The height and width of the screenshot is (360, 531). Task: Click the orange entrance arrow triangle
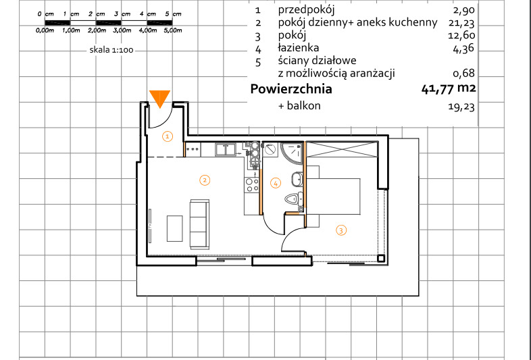tap(159, 98)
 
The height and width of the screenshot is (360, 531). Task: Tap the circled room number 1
tap(168, 136)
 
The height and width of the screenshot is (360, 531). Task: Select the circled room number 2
tap(205, 180)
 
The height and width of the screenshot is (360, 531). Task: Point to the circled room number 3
tap(341, 230)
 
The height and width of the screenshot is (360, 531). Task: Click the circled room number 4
tap(276, 184)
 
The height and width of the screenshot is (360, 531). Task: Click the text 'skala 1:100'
tap(111, 50)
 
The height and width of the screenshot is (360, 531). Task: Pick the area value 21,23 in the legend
tap(463, 23)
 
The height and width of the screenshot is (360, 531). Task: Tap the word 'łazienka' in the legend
tap(299, 48)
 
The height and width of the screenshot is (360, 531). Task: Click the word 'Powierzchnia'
tap(291, 88)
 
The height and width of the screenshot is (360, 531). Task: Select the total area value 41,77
tap(437, 89)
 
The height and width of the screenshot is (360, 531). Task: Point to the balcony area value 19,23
tap(461, 106)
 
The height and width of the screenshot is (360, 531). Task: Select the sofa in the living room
tap(199, 224)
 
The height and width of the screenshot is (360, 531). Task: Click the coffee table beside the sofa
tap(175, 228)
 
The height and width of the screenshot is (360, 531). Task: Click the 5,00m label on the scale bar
tap(173, 30)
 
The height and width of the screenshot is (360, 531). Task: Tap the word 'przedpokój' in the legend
tap(306, 10)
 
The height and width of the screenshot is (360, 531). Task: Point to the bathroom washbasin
tap(297, 179)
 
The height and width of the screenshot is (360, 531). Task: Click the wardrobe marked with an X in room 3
tap(342, 149)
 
